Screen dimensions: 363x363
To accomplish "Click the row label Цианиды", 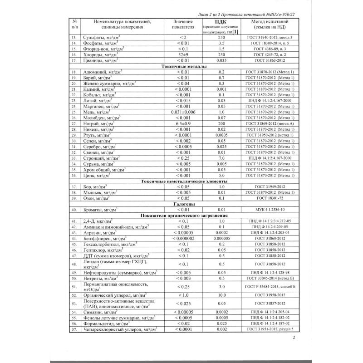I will tap(100, 60).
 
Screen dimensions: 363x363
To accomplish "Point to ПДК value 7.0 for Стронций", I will tap(221, 157).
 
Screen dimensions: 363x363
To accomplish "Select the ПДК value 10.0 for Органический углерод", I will tap(221, 294).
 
